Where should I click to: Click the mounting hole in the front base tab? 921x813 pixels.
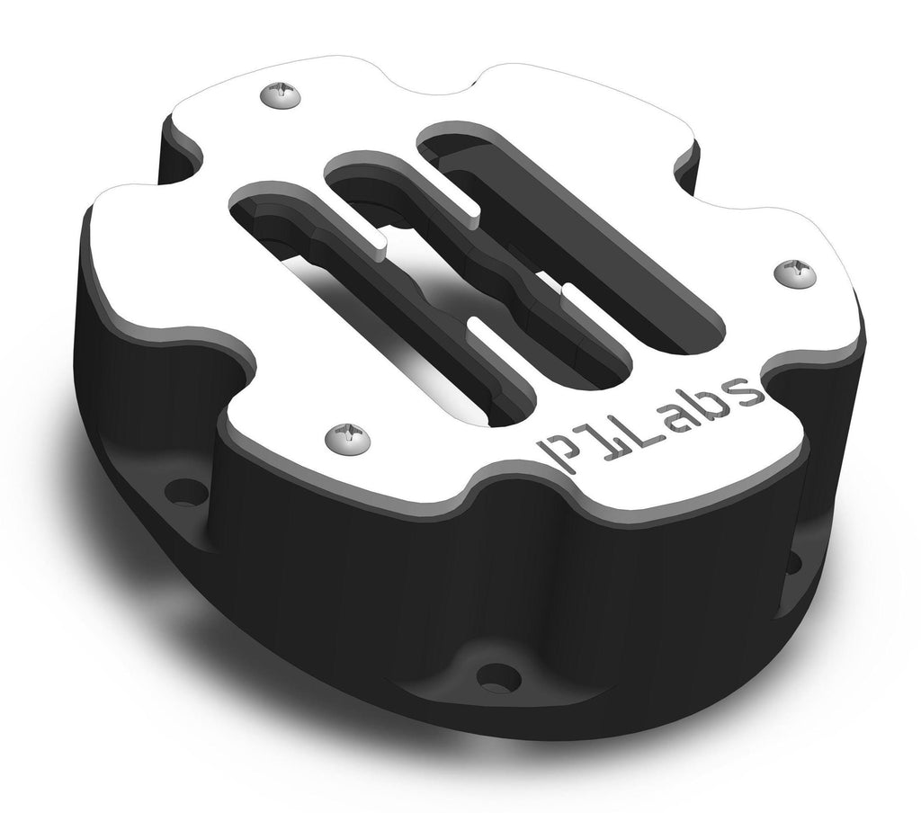click(494, 677)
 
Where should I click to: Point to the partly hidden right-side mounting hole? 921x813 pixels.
click(793, 563)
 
